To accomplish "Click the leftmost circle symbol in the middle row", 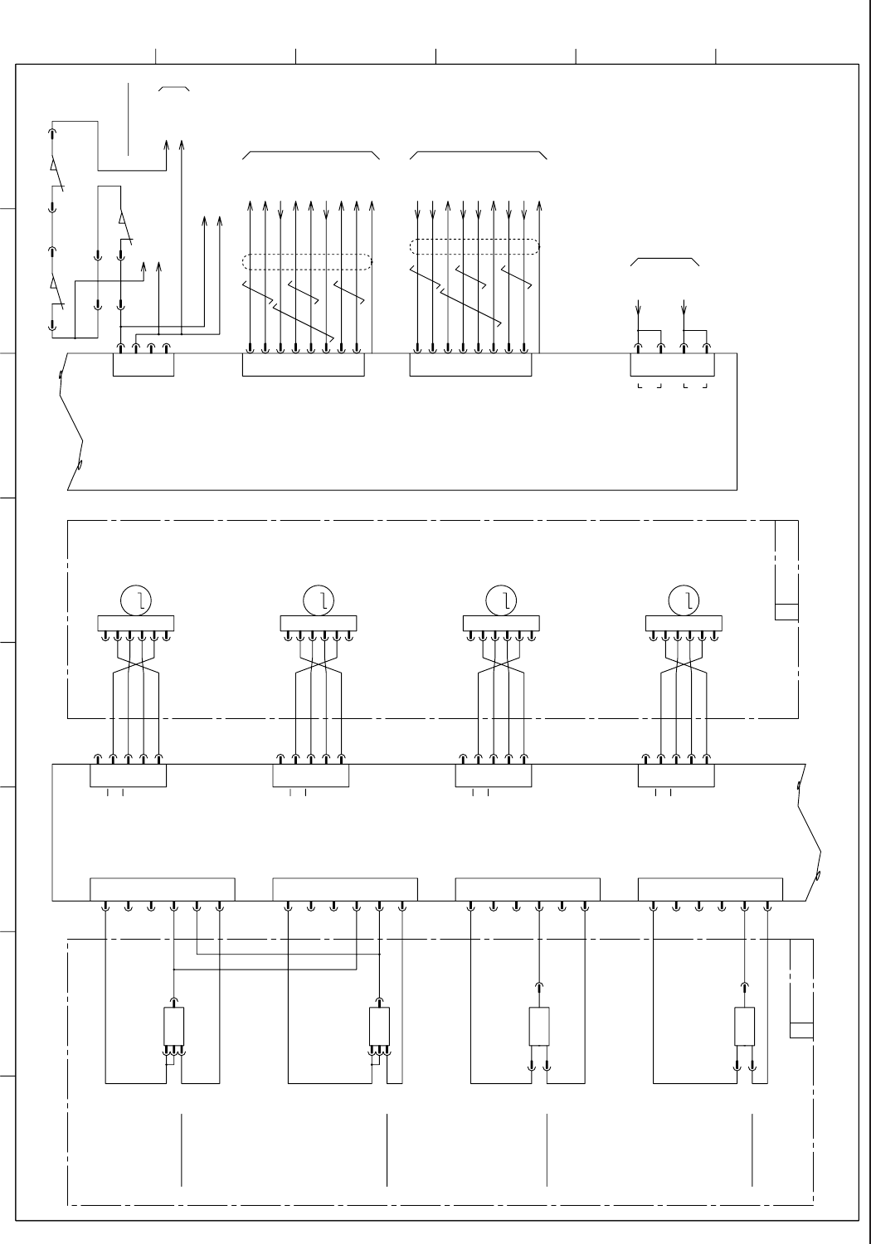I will click(x=136, y=600).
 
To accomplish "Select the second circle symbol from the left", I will click(x=319, y=600).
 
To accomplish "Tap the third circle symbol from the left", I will click(x=502, y=600).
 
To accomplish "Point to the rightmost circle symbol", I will click(x=684, y=600).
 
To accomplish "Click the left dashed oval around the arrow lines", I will click(x=307, y=261).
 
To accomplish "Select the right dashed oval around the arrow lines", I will click(x=474, y=246).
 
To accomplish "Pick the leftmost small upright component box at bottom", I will click(x=173, y=1026).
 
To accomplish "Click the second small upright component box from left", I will click(x=379, y=1026).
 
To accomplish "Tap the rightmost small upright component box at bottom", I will click(x=745, y=1027).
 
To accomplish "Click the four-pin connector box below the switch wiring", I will click(x=144, y=364).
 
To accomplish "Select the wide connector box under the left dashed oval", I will click(x=303, y=364).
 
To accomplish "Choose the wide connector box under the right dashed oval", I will click(x=470, y=364).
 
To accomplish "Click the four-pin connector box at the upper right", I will click(x=672, y=364).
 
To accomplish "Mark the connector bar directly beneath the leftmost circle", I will click(x=136, y=624).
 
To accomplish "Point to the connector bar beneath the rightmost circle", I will click(x=684, y=624).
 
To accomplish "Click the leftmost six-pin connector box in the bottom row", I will click(x=162, y=888).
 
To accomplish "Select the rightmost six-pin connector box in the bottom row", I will click(x=710, y=888).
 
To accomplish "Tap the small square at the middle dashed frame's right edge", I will click(x=786, y=612).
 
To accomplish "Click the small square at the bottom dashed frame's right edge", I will click(x=801, y=1030).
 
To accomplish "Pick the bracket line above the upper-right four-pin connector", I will click(x=665, y=260).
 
